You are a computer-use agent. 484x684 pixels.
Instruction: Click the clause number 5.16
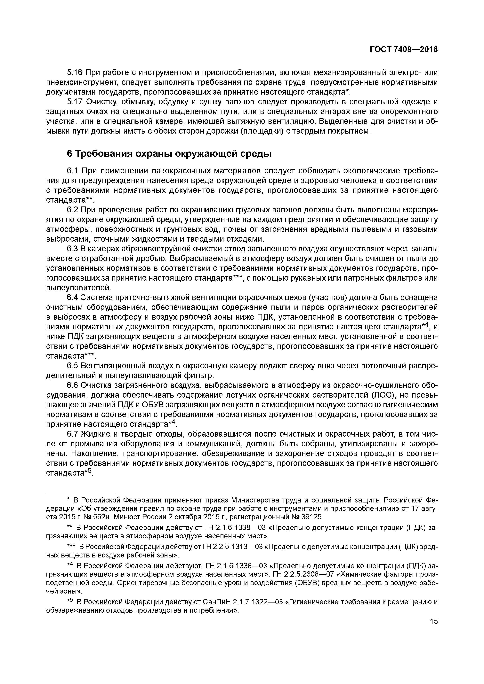coord(75,73)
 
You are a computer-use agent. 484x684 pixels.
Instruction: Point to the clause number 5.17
coord(75,102)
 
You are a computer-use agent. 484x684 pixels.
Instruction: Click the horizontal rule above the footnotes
coord(81,493)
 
